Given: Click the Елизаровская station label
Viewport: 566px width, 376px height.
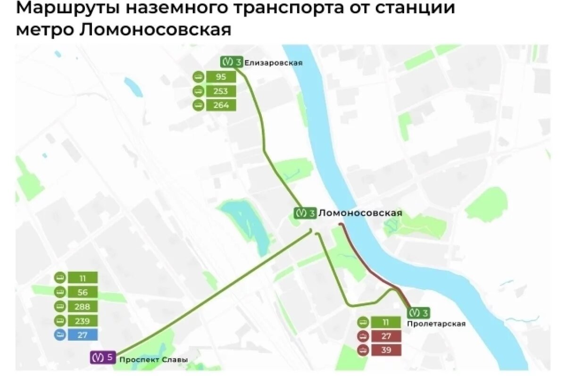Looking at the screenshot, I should tap(274, 63).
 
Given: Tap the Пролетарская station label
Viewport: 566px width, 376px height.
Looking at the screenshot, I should tap(436, 324).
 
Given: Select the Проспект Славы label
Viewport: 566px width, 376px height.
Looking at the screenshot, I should tap(153, 359).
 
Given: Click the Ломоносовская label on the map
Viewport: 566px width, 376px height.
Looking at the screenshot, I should tap(360, 213).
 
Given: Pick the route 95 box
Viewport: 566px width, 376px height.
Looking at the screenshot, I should tap(221, 77).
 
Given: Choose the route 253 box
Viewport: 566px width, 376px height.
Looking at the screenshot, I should tap(221, 91).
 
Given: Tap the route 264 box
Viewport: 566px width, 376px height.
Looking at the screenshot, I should tap(221, 105).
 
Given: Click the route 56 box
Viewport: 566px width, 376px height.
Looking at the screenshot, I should tap(83, 292).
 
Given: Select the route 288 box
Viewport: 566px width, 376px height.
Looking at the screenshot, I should tap(83, 306).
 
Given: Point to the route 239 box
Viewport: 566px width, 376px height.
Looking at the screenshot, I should tap(83, 321).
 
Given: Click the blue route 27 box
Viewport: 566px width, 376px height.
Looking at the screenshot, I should tap(83, 335).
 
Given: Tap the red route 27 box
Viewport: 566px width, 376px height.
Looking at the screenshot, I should tap(386, 336).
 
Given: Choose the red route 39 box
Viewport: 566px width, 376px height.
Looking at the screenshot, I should tap(386, 350).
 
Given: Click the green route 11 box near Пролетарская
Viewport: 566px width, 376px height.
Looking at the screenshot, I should tap(386, 323).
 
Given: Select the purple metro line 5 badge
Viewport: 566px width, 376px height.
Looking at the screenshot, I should tap(103, 357).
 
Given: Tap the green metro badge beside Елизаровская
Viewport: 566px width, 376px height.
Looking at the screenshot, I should tap(232, 62).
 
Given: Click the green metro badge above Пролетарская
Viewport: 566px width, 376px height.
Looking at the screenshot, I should tap(418, 312).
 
